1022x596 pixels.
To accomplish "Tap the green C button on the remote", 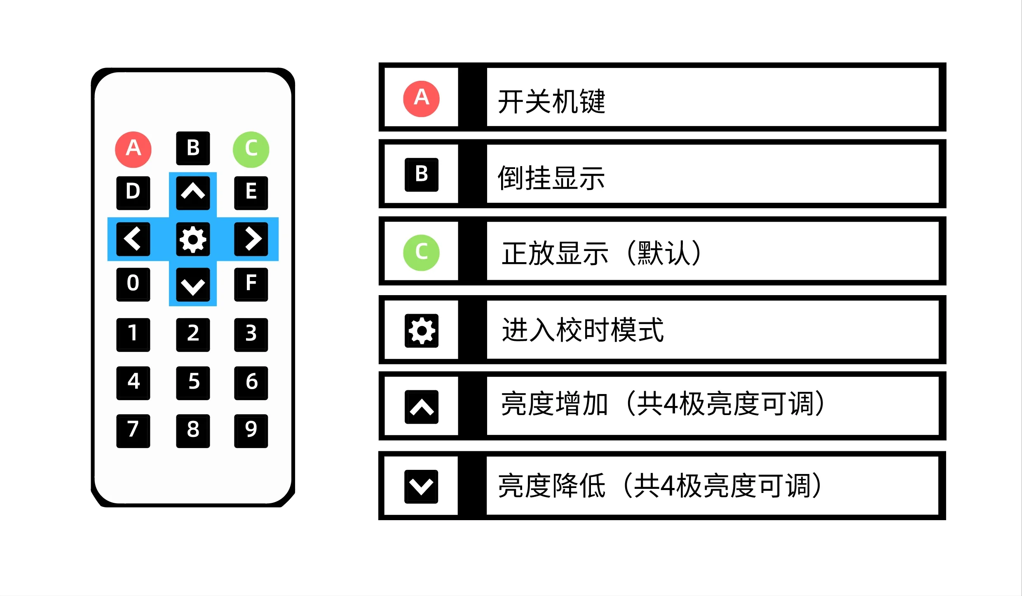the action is click(251, 149).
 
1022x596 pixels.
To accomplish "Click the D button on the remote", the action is click(133, 193).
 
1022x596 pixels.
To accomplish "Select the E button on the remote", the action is click(251, 193).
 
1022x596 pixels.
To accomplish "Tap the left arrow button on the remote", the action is click(133, 239).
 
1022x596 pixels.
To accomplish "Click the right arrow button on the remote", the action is click(251, 239).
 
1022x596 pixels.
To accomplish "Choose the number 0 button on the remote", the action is click(133, 284).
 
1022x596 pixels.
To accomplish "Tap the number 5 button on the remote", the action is click(193, 383).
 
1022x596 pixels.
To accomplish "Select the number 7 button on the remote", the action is click(133, 431).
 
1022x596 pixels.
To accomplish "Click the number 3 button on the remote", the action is click(251, 335).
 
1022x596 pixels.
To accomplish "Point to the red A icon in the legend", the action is click(421, 99).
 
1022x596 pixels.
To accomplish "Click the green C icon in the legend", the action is click(421, 253).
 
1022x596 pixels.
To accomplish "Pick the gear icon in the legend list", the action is click(421, 331).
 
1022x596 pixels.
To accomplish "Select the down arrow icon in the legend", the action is click(421, 486).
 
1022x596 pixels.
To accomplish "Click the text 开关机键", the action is click(551, 101).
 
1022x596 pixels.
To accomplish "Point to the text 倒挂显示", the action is click(551, 178).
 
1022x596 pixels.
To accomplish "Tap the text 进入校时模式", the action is click(583, 330).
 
